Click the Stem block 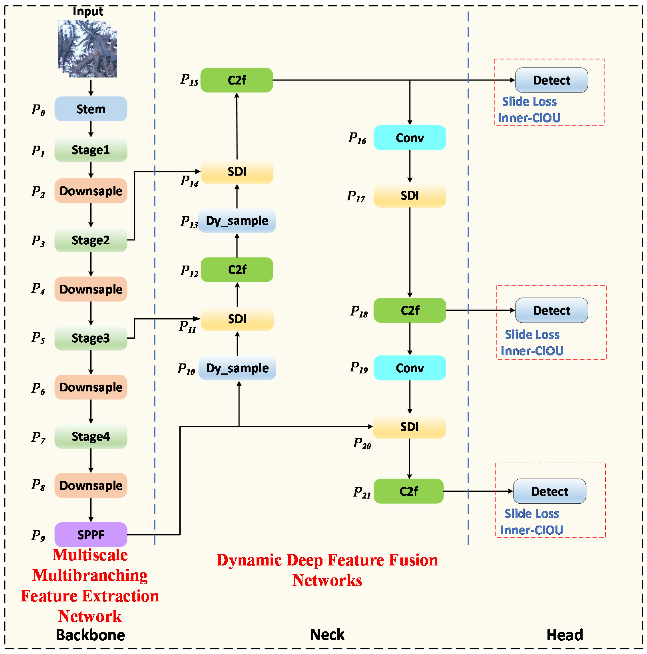(91, 109)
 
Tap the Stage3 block (91, 338)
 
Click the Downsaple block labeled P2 (91, 191)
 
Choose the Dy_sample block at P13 (237, 221)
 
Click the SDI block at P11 (237, 319)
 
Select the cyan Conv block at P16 (410, 138)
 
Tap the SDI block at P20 (409, 427)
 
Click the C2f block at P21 (409, 491)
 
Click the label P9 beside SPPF (38, 535)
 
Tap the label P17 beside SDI (356, 196)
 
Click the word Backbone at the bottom (90, 635)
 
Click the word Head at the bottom (565, 635)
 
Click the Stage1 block (91, 150)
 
